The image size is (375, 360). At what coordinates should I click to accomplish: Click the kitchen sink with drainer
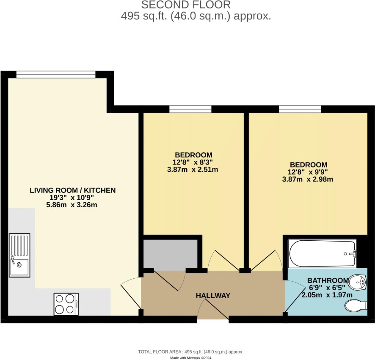19,255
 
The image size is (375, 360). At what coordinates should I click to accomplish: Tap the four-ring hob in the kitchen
66,304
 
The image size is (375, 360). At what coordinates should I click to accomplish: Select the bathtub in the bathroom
323,253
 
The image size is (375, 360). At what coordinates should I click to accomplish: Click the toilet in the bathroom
356,306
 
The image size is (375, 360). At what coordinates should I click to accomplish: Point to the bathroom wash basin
357,283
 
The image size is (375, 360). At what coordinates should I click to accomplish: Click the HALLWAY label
213,296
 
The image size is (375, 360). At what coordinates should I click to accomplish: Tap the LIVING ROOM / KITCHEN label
73,190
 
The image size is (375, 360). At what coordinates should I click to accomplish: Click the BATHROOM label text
328,280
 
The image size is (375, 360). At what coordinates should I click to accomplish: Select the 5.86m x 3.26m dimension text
72,205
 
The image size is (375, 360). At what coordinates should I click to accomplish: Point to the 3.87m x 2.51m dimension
193,170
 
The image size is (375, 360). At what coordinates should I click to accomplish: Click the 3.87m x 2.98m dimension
308,179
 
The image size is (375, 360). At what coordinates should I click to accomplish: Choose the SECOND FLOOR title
186,5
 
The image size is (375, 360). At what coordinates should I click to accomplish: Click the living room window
56,74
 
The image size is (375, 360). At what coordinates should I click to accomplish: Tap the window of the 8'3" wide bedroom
190,109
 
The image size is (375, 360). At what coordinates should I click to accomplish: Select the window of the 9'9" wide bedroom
300,109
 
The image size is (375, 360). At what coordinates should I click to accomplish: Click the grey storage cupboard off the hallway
170,254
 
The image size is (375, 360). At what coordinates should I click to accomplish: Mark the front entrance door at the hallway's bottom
213,309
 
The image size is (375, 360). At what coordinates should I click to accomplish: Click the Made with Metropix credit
190,358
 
